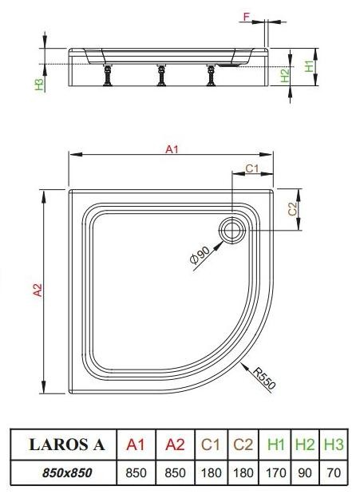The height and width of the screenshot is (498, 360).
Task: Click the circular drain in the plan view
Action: coord(235,231)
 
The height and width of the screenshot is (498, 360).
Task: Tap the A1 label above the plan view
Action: coord(171,148)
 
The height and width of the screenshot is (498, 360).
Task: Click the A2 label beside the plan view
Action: coord(37,292)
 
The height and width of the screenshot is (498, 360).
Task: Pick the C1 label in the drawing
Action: coord(251,168)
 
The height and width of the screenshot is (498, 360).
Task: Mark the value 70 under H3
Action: coord(333,472)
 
